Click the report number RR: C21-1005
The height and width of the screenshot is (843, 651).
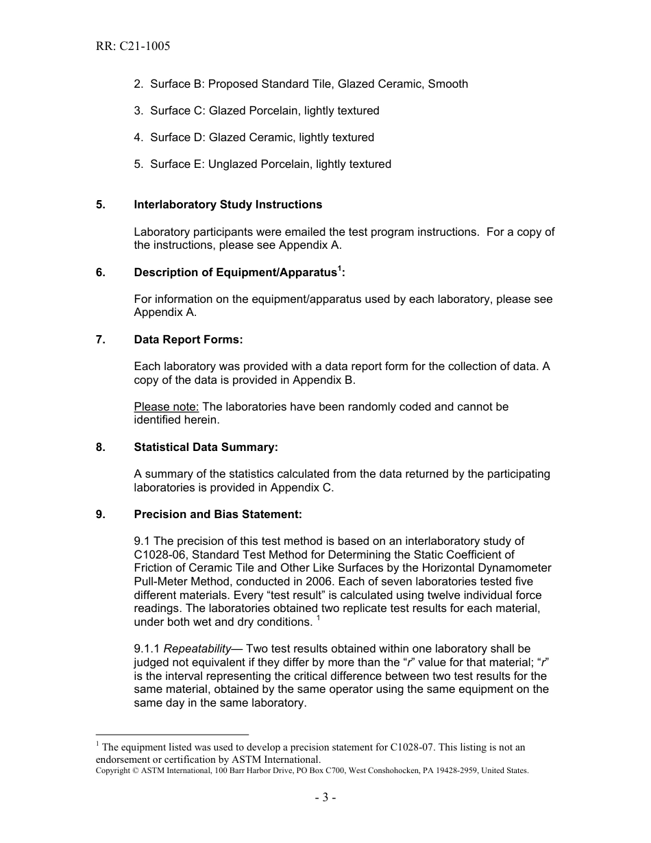pos(133,47)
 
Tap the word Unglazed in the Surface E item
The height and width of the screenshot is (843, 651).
pos(233,164)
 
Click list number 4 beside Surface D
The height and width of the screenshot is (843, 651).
pos(138,138)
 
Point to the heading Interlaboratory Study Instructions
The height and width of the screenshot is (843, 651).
pos(228,205)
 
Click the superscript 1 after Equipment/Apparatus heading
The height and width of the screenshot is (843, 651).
pos(339,269)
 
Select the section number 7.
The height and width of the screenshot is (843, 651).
pos(100,340)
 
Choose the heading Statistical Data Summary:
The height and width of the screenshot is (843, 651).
pos(206,448)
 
